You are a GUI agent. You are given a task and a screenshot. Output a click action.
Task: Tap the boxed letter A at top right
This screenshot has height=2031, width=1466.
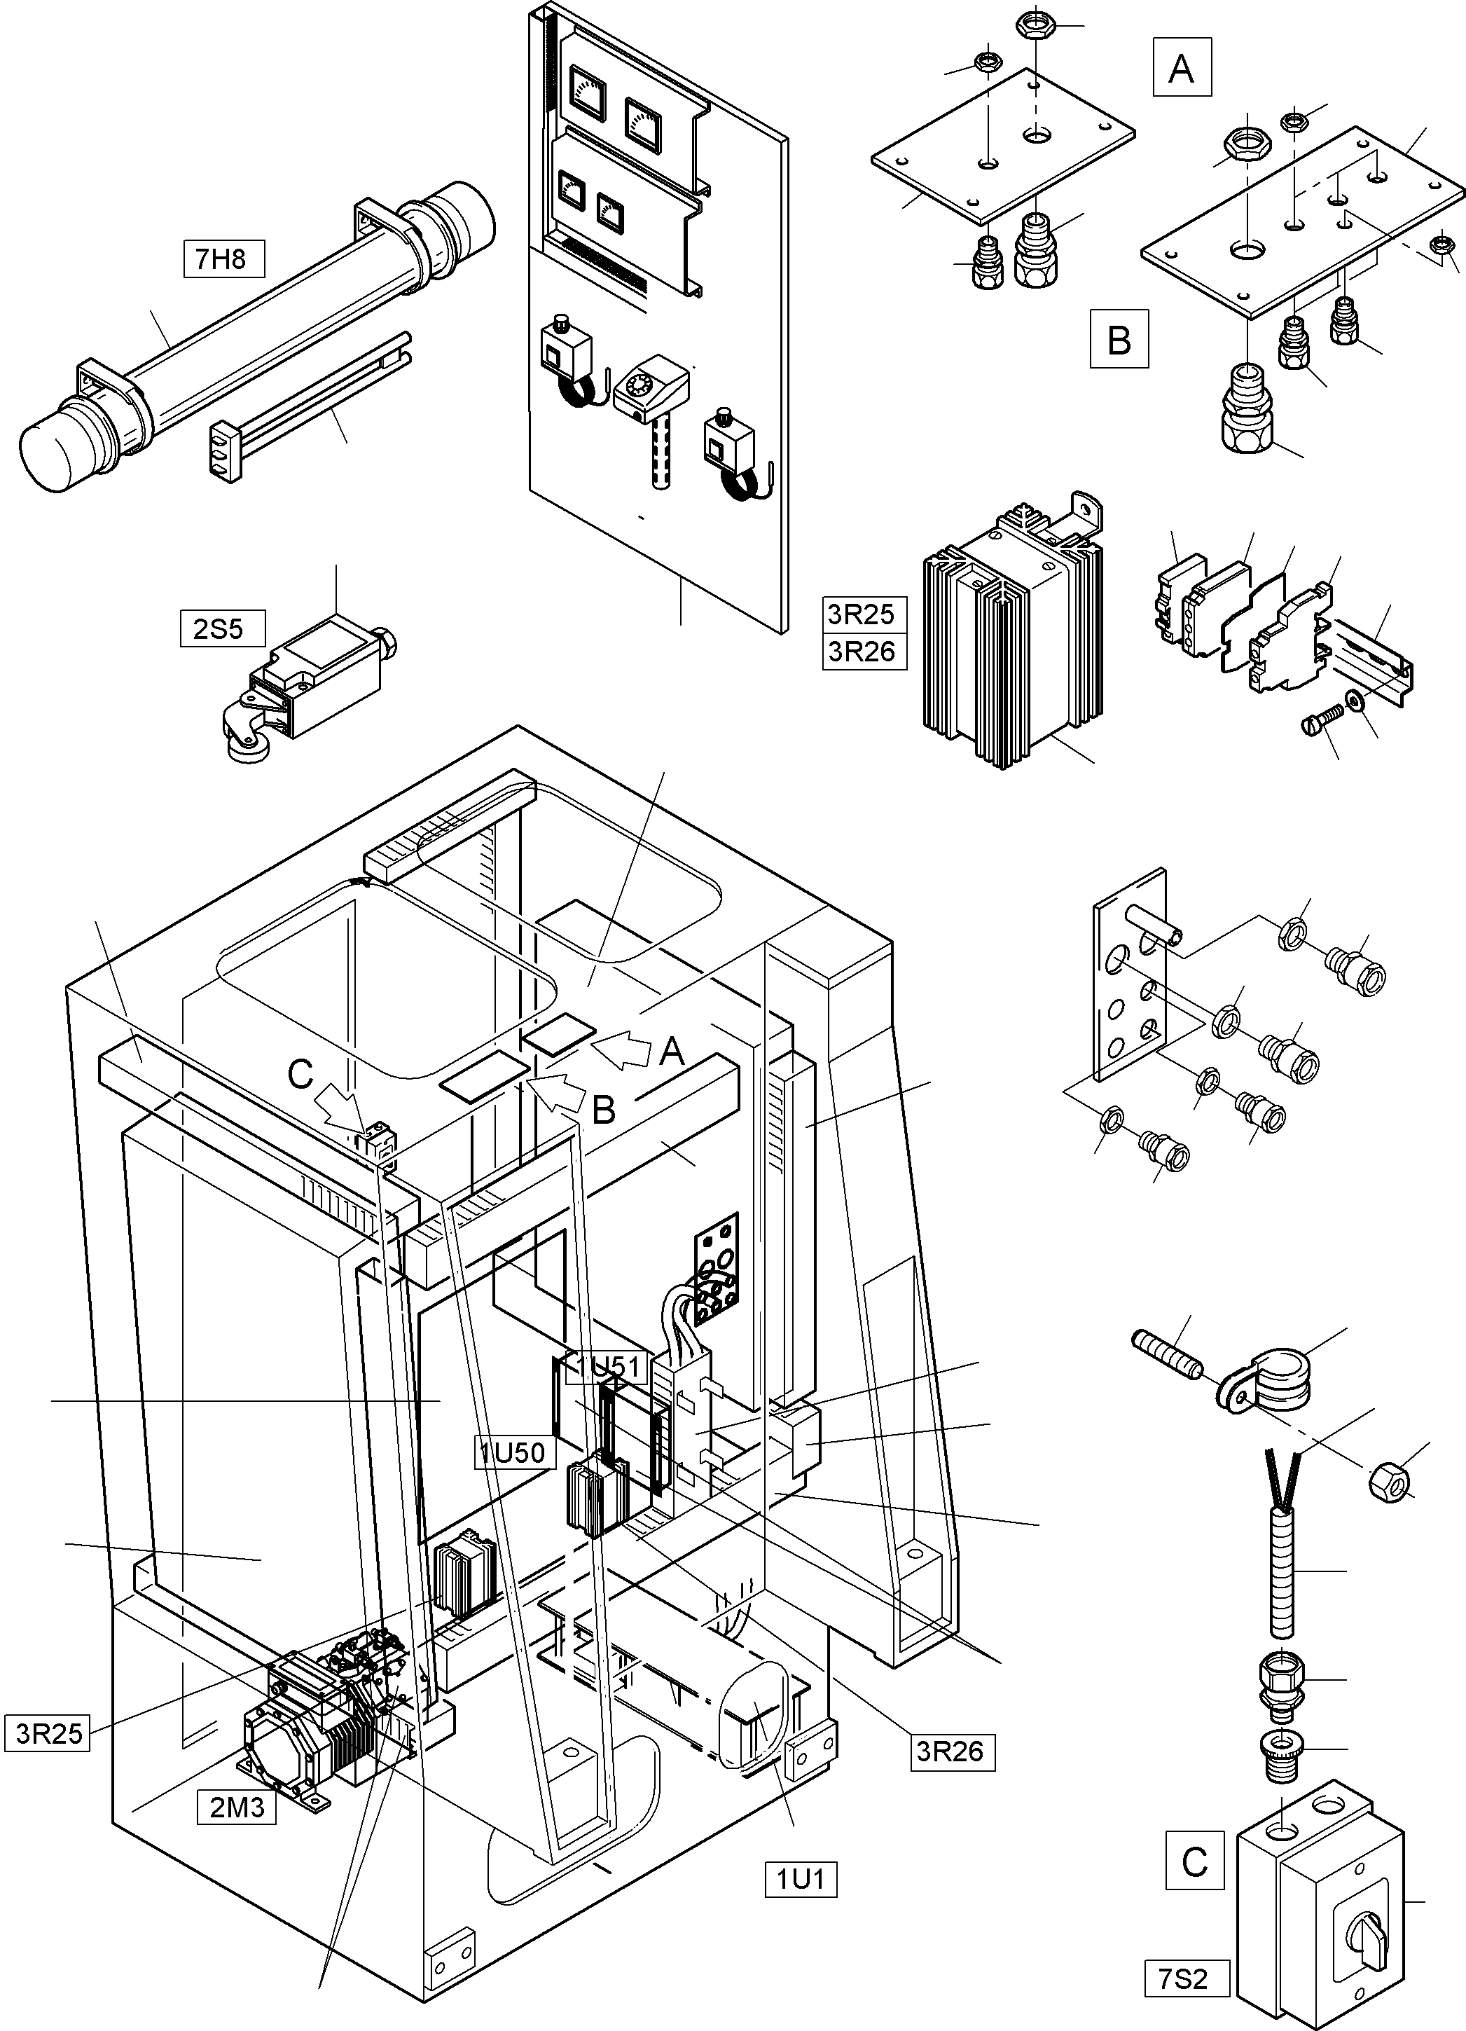point(1181,68)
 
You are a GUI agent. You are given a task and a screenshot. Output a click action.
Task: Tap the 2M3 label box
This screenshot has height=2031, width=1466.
point(237,1807)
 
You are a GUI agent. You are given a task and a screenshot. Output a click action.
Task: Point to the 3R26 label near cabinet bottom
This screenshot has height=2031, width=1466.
point(950,1751)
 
